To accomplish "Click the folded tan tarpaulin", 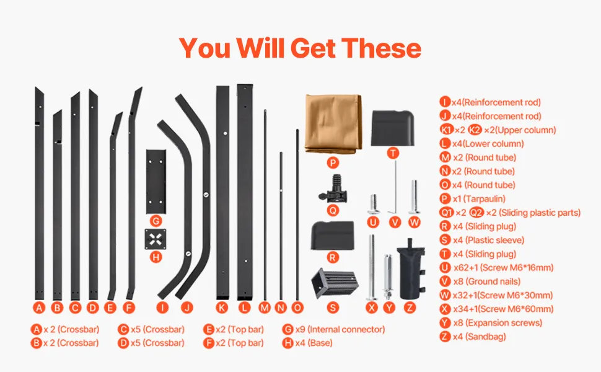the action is tap(333, 123).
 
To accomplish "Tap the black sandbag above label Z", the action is tap(411, 269).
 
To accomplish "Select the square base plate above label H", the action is tap(156, 239).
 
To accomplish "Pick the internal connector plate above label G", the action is tap(156, 182).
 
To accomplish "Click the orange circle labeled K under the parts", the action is tap(222, 307).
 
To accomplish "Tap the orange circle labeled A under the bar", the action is tap(38, 307).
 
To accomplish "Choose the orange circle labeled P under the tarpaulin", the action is tap(333, 163).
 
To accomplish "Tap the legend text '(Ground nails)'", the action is tap(493, 281).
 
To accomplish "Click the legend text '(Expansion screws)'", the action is tap(504, 323).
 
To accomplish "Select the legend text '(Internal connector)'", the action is tap(346, 329).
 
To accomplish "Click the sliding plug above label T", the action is tap(393, 128).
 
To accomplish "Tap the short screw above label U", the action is tap(373, 205).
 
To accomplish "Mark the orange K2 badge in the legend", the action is tap(475, 130).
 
